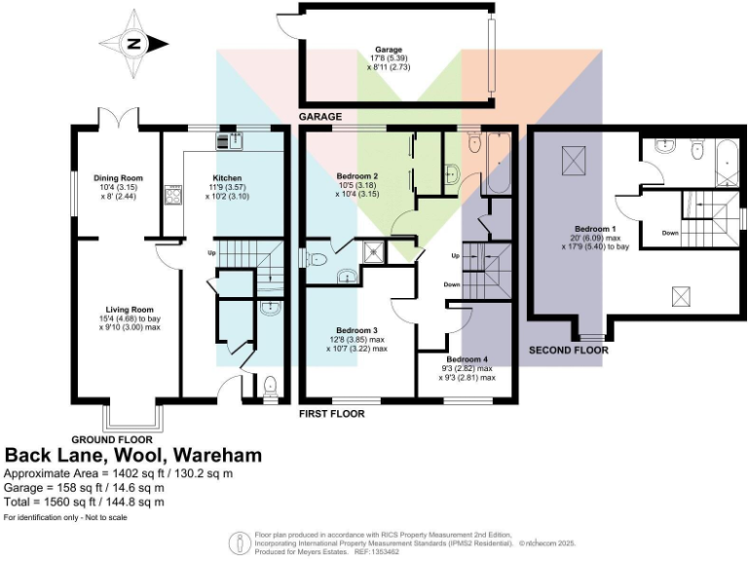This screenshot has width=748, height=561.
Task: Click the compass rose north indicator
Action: click(x=134, y=43)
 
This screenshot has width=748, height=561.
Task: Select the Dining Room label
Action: click(x=118, y=178)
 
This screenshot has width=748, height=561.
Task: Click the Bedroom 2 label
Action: click(x=356, y=176)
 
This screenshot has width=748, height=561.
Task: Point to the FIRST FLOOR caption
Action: click(x=331, y=414)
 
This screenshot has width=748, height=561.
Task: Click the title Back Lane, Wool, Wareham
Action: click(x=133, y=456)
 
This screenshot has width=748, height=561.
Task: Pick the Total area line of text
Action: click(x=85, y=502)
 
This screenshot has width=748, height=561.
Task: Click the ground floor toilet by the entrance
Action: click(x=269, y=386)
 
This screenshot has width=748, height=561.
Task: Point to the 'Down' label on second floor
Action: click(x=670, y=233)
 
